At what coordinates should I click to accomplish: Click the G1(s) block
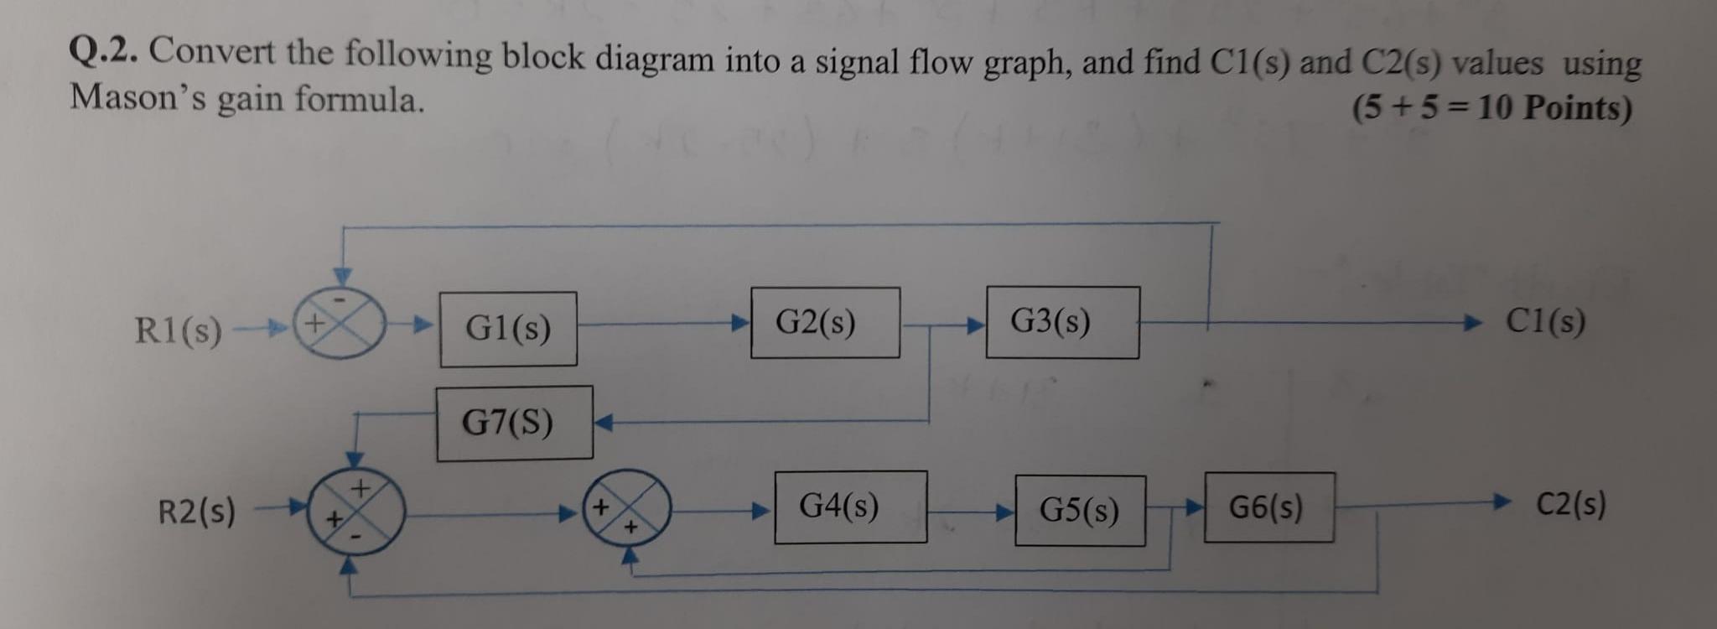(508, 328)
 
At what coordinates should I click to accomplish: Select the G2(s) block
(825, 323)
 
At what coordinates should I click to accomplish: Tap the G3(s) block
(1062, 322)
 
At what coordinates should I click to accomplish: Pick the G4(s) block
(850, 507)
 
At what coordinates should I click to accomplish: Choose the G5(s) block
(1080, 510)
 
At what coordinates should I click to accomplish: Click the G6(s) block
(1268, 507)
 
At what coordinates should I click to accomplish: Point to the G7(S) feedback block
(514, 423)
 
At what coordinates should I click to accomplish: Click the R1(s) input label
(179, 330)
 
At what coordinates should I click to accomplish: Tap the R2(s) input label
(197, 510)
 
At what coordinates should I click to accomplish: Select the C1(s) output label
(1545, 320)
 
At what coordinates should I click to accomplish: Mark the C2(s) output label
(1570, 505)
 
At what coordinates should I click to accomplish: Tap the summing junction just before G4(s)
(628, 507)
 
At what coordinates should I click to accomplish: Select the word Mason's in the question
(138, 98)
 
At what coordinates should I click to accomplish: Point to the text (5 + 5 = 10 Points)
(1492, 107)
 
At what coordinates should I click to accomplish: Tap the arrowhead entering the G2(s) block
(740, 323)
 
